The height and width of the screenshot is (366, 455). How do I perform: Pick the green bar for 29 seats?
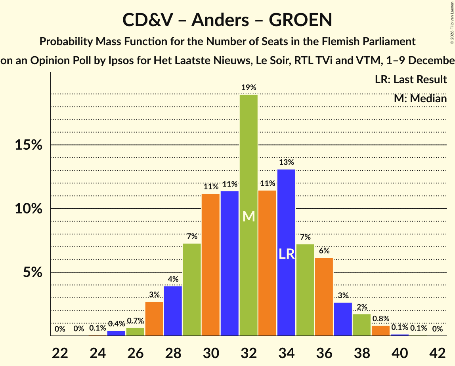click(x=191, y=290)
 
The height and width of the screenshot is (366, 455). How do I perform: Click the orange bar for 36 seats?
click(x=324, y=297)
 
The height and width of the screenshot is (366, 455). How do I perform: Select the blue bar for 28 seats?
click(x=173, y=311)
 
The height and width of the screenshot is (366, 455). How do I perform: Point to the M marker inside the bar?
click(x=249, y=216)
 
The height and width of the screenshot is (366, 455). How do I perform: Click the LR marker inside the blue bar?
click(x=286, y=254)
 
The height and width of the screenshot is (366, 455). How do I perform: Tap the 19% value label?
click(x=249, y=88)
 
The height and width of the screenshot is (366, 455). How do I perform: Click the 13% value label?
click(x=286, y=162)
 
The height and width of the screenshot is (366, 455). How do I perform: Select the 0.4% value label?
click(x=116, y=324)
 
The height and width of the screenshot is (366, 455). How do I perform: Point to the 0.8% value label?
click(x=380, y=319)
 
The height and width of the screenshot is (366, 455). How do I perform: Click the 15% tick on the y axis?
click(x=29, y=145)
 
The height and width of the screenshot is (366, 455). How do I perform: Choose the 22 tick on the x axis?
click(x=59, y=352)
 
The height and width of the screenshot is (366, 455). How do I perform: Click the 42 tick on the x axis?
click(x=438, y=352)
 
